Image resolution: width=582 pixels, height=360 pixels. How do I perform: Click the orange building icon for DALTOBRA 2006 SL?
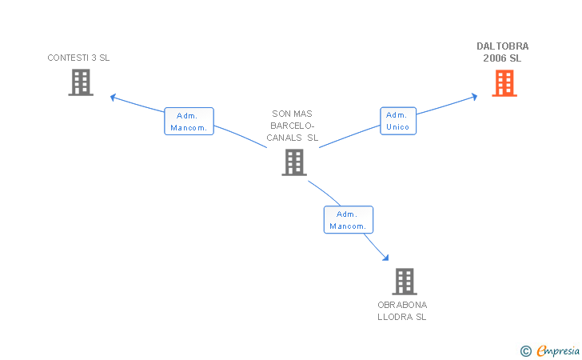click(x=504, y=83)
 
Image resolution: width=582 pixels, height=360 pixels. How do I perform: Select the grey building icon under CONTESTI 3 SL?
click(x=81, y=82)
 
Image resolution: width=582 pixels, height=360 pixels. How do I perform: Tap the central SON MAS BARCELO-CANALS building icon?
click(x=294, y=162)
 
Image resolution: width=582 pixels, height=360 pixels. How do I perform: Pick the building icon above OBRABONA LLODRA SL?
click(x=405, y=282)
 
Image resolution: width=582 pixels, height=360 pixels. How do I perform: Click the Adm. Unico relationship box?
click(x=397, y=121)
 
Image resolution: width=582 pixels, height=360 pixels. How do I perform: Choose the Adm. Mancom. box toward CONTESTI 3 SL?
click(x=189, y=122)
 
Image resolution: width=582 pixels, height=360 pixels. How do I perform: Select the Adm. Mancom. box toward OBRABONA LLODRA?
click(x=349, y=220)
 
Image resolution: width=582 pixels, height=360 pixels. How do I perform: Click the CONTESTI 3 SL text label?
click(x=78, y=58)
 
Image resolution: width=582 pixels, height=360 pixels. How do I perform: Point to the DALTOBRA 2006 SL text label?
click(x=502, y=52)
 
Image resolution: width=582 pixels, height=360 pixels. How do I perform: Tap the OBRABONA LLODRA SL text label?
click(x=402, y=310)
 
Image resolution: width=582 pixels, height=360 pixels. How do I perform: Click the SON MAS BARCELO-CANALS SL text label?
click(x=293, y=126)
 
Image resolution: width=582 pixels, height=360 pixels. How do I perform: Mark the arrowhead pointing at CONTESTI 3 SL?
click(x=114, y=97)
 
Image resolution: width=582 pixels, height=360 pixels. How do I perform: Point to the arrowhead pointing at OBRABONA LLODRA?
click(x=385, y=258)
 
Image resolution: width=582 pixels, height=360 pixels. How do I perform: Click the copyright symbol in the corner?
click(x=525, y=350)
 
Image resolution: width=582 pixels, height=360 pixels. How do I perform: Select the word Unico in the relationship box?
click(x=397, y=127)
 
